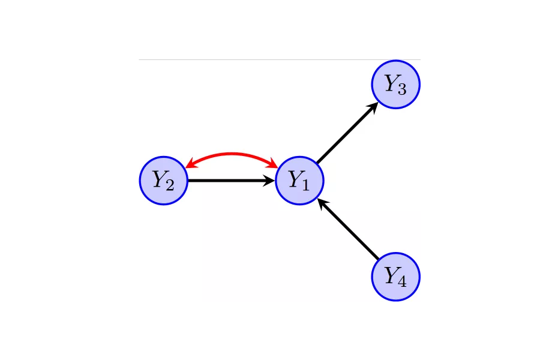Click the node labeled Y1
point(299,180)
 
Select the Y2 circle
point(164,180)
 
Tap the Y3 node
point(395,85)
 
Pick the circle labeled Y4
point(395,277)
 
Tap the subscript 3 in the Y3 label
point(402,89)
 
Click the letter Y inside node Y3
point(391,83)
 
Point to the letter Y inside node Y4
point(391,275)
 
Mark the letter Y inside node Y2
point(159,178)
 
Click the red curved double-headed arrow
point(232,154)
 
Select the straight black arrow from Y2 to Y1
point(228,180)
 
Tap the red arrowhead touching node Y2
point(190,164)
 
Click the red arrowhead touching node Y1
point(273,164)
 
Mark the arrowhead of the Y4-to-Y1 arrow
point(322,203)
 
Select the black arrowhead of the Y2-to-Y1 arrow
point(269,180)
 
